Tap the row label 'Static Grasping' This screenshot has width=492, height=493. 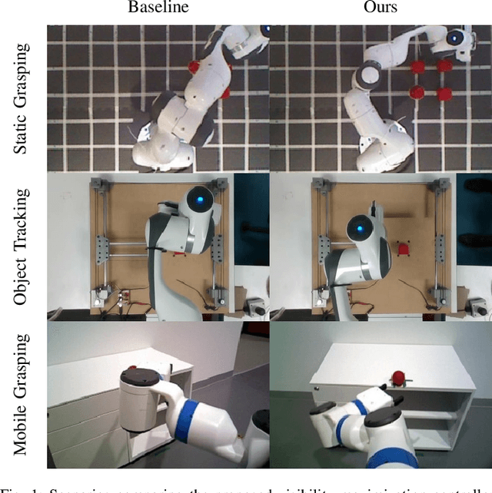coord(24,98)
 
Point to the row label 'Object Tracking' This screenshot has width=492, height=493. coord(24,246)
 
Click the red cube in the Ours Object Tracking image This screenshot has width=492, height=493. coord(402,250)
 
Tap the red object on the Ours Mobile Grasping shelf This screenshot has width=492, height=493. coord(399,377)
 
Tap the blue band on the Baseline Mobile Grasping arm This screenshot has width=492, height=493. coord(184,420)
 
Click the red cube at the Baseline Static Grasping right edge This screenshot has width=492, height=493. coord(226,93)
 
